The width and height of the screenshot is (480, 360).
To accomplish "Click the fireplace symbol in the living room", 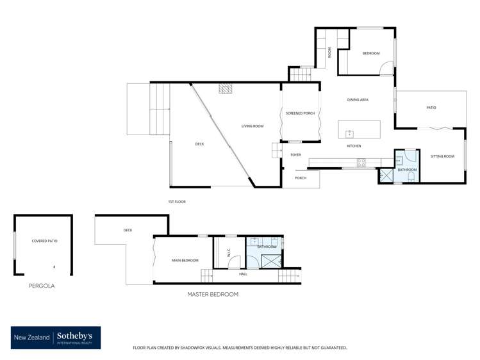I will (226, 89).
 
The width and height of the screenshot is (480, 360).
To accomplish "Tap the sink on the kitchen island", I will (349, 134).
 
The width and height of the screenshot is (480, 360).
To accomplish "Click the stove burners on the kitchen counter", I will (361, 163).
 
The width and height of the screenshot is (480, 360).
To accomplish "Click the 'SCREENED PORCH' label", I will (300, 113).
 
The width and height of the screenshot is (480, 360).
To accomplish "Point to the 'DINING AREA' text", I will (358, 100).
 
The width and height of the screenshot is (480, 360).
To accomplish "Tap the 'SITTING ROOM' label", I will (442, 156).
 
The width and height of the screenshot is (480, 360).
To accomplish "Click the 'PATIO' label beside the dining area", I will (431, 108).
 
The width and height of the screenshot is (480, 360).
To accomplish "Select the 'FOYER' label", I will (295, 155).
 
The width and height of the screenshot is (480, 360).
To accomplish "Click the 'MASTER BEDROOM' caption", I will (213, 294).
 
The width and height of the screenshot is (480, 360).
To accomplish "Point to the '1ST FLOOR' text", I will (177, 202).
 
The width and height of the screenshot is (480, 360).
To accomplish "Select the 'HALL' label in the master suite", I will (243, 274).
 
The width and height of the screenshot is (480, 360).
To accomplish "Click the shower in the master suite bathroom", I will (272, 261).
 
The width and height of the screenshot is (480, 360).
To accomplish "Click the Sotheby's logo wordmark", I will (75, 336).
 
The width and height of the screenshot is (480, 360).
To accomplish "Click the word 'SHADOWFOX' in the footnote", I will (201, 348).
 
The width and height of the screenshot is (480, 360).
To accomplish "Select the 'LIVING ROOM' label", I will (252, 126).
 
